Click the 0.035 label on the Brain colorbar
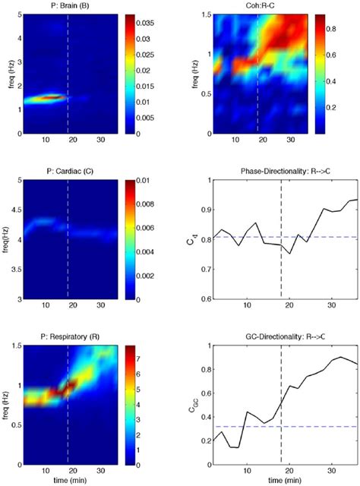tap(144, 23)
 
